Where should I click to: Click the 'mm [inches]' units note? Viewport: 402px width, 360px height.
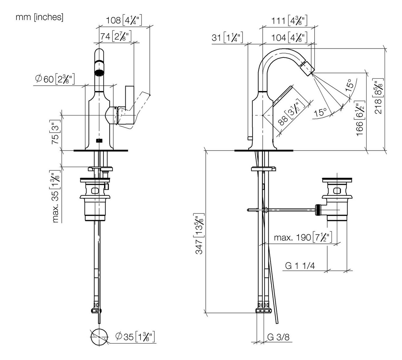40,17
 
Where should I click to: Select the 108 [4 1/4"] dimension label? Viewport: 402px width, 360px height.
124,20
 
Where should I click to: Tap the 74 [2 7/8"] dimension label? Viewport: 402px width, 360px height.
116,36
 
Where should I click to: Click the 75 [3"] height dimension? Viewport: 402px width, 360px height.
55,132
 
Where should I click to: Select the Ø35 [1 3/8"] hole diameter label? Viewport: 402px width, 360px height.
135,336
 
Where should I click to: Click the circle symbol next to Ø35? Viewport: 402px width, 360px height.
100,337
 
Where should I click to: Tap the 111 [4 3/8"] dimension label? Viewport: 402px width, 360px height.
289,21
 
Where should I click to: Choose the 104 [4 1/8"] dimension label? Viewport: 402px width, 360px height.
289,38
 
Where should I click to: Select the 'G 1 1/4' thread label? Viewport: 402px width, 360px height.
300,266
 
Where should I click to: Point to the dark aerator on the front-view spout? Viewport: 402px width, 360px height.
99,73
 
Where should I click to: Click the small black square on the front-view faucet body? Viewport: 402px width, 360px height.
99,140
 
